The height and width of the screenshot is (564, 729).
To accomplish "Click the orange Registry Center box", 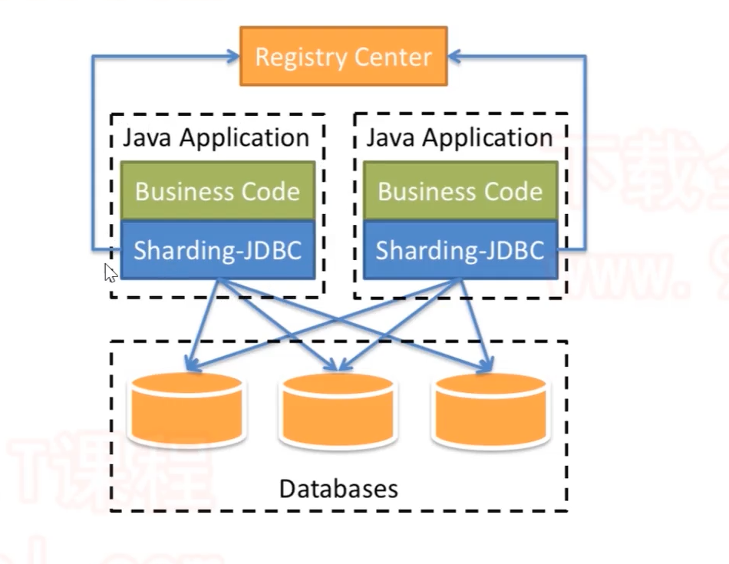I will point(343,56).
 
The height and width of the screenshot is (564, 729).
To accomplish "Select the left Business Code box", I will point(217,191).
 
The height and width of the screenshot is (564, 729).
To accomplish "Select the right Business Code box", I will point(460,191).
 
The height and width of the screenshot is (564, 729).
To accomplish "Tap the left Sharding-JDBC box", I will point(217,250).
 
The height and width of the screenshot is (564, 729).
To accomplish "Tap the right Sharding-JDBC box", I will point(460,250).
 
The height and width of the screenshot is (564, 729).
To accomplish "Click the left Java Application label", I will point(216,138).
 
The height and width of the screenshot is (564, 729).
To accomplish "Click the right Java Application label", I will point(459,138).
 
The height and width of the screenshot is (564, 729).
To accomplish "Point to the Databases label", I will point(338,489).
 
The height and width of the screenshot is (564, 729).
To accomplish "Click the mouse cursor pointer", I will point(110,272).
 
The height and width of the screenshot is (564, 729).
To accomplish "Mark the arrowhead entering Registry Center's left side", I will point(233,56).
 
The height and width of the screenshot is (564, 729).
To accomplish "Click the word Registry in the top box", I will point(302,57).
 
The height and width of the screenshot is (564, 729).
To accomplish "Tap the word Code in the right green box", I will point(513,191).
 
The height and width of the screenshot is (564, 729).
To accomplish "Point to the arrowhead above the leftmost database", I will point(187,364).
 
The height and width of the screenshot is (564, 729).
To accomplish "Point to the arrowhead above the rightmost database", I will point(487,365).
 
